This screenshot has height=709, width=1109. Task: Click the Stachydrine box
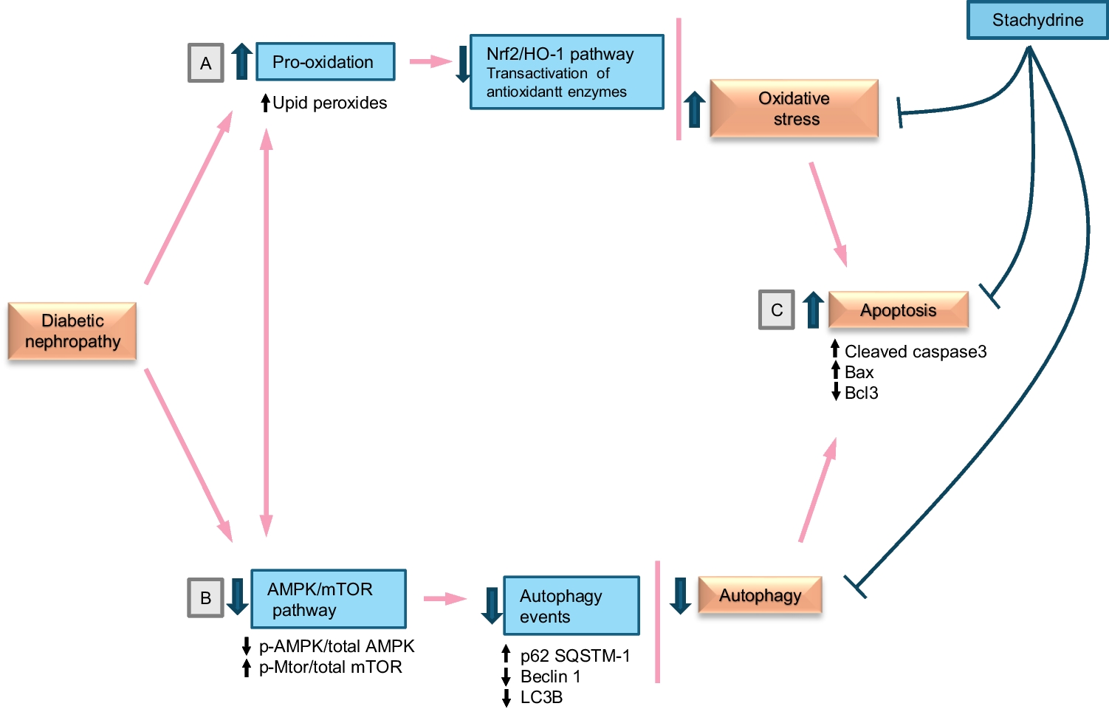click(1037, 20)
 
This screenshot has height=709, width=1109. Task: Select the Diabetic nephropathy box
click(72, 331)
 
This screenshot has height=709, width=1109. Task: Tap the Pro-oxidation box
click(325, 62)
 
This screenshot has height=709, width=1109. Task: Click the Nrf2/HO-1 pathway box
click(566, 72)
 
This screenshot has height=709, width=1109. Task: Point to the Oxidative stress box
click(794, 109)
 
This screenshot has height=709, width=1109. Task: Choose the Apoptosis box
click(898, 310)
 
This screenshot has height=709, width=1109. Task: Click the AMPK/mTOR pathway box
click(328, 599)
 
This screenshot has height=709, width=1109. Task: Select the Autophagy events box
click(571, 606)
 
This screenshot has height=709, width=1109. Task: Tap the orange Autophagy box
click(760, 595)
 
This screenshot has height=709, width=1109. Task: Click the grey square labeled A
click(205, 64)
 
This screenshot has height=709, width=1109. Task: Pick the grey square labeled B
click(205, 597)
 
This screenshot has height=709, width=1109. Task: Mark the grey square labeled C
click(776, 310)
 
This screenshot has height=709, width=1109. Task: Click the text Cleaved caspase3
click(915, 352)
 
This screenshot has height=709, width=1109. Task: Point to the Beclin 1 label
click(550, 677)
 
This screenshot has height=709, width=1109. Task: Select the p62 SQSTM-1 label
click(574, 656)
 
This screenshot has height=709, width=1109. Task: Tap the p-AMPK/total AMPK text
click(336, 646)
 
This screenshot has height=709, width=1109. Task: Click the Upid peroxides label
click(329, 103)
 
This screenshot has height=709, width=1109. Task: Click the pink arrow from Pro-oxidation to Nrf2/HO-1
click(430, 61)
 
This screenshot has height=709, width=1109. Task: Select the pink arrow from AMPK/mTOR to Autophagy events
click(444, 598)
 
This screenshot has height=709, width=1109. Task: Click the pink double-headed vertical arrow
click(266, 332)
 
